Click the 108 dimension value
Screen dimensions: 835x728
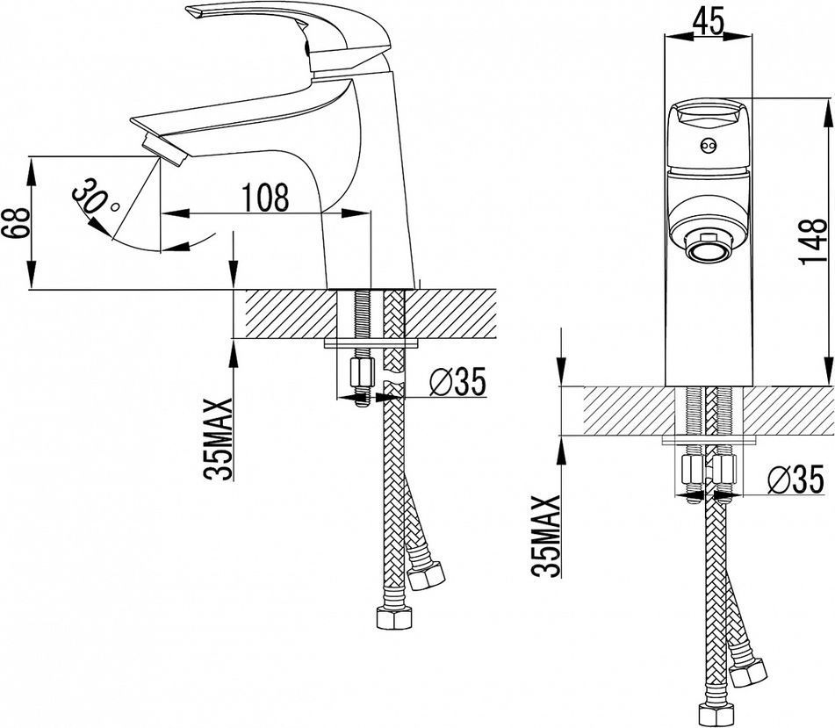pos(265,197)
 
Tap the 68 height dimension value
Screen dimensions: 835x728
pos(15,223)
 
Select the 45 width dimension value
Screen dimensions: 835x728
pos(709,22)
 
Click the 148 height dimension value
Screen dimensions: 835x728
pos(813,241)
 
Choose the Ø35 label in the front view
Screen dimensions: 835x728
pos(795,479)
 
